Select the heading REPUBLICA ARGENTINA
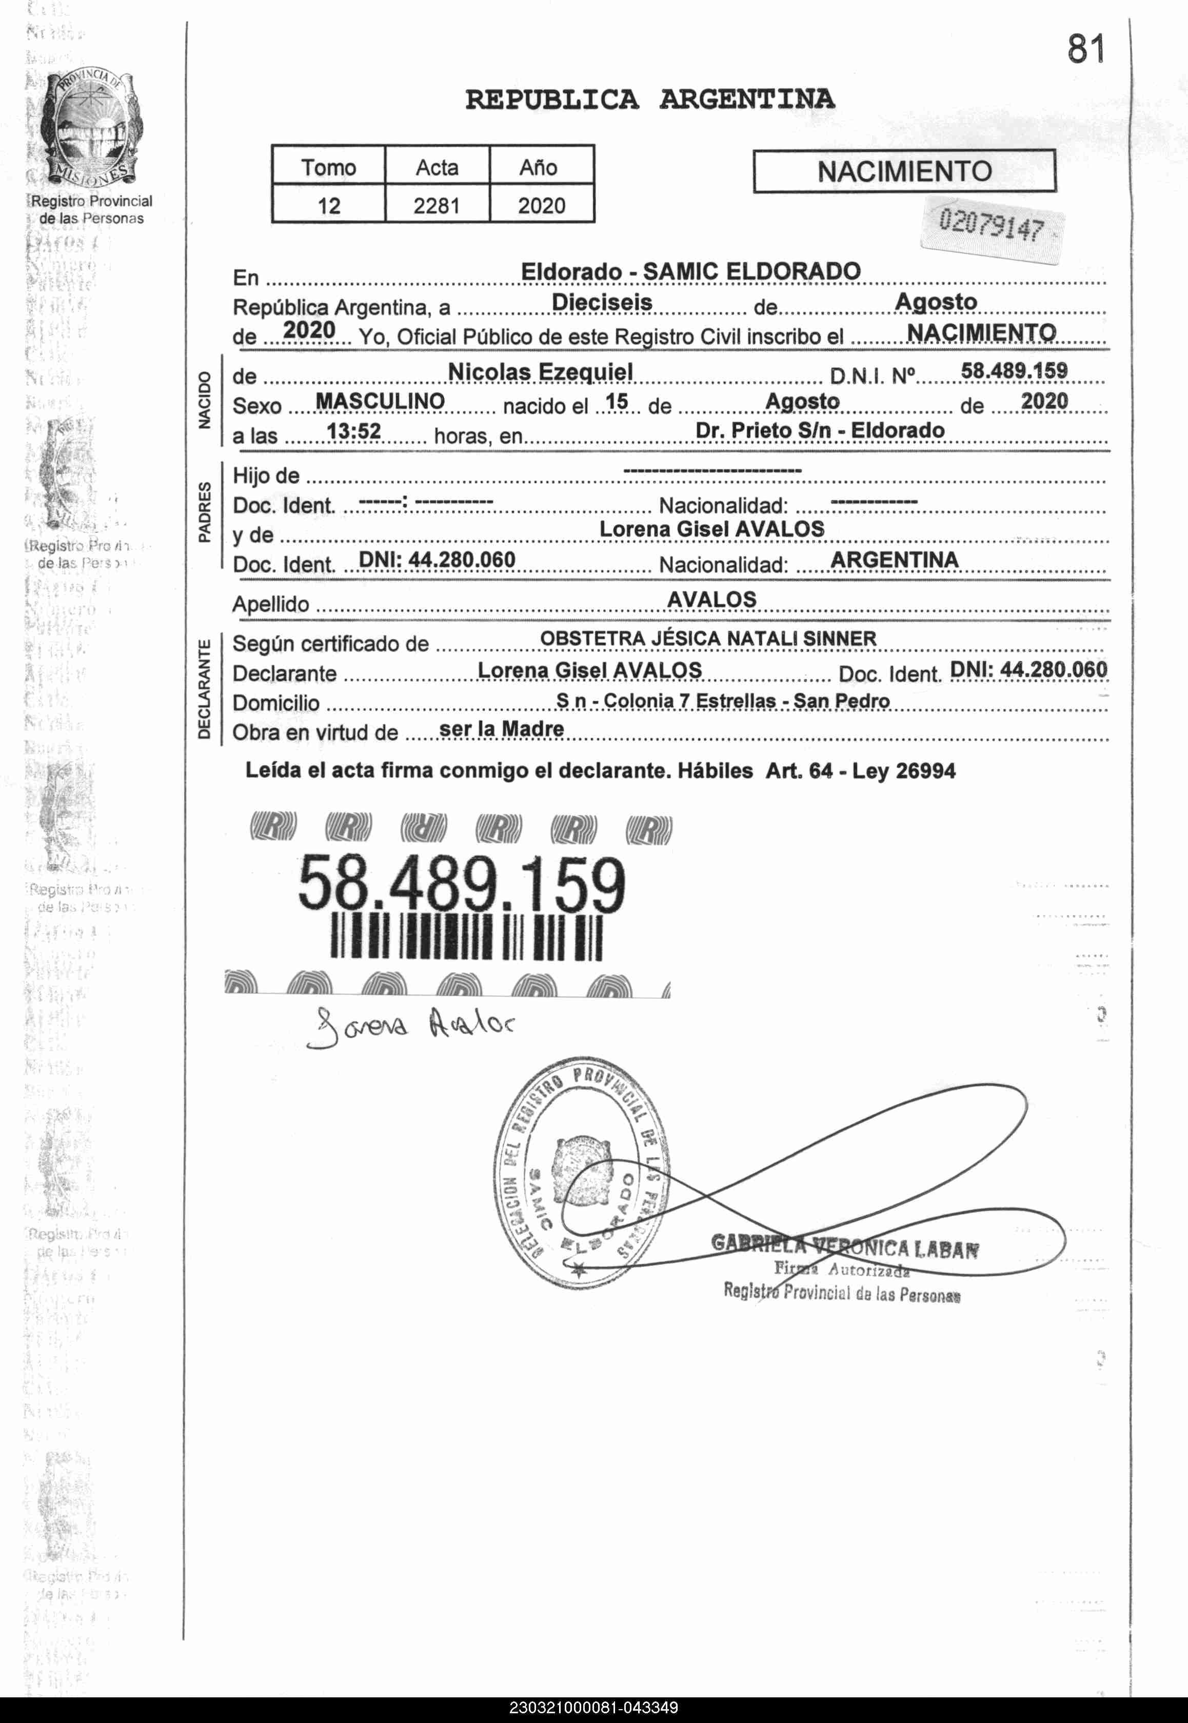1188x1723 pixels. coord(650,99)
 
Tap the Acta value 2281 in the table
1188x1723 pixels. coord(437,205)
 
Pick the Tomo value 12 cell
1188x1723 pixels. coord(329,205)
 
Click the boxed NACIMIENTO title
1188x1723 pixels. coord(904,171)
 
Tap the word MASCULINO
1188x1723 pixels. coord(380,401)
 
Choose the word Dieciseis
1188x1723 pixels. coord(602,302)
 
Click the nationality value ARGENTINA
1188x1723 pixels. coord(894,560)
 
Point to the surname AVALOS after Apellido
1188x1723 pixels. coord(711,599)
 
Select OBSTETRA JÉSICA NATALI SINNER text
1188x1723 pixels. coord(708,639)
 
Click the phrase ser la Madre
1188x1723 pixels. coord(502,729)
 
